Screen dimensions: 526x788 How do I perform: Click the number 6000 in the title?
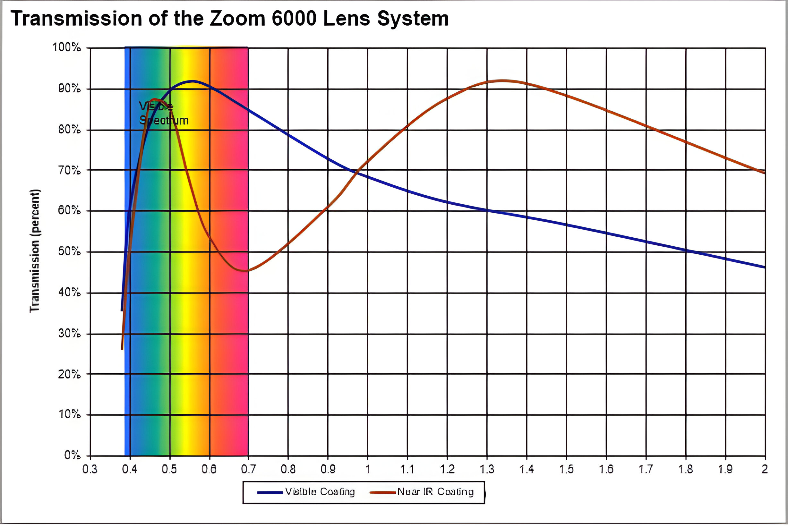[293, 19]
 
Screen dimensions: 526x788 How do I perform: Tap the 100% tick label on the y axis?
[67, 47]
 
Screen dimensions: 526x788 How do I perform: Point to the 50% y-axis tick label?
[70, 251]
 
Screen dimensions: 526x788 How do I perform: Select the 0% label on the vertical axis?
[72, 455]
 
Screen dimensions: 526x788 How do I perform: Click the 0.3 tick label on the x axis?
[90, 469]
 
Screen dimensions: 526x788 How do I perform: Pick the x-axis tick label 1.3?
[487, 469]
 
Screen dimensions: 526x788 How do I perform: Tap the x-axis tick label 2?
[765, 469]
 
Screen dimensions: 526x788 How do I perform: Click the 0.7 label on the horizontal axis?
[248, 469]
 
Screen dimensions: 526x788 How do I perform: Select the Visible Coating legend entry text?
[320, 492]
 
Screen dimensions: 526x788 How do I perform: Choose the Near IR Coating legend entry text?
[435, 492]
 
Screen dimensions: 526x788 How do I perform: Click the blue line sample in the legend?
[270, 492]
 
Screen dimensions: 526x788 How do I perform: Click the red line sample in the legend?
[382, 492]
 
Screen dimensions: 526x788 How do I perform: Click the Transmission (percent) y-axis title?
[35, 251]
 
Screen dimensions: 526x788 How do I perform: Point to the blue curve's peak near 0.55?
[192, 81]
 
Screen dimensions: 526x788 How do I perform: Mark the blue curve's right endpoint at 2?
[765, 267]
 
